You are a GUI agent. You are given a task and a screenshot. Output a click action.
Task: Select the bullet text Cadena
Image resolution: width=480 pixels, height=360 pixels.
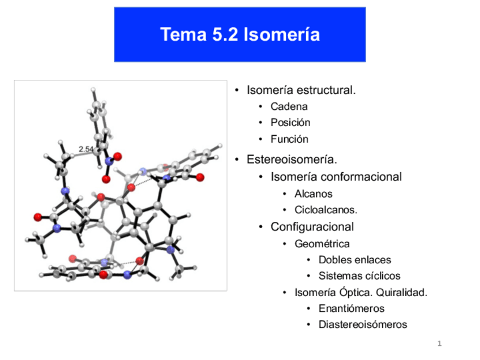tap(289, 106)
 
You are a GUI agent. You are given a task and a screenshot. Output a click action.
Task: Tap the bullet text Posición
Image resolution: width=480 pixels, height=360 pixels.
tap(290, 123)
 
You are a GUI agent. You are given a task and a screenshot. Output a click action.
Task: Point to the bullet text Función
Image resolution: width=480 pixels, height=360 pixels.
tap(289, 139)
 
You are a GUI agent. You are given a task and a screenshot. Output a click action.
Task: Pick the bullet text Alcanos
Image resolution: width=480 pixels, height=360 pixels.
tap(313, 194)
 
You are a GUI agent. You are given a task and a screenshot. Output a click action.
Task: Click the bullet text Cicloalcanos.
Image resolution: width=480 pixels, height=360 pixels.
tap(325, 210)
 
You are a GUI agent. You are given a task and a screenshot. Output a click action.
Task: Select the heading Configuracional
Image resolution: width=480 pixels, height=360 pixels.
tap(312, 227)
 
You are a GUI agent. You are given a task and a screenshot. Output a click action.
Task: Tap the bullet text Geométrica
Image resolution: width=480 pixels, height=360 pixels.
tap(322, 244)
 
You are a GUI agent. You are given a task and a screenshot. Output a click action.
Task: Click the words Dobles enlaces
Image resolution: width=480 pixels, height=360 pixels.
tap(354, 260)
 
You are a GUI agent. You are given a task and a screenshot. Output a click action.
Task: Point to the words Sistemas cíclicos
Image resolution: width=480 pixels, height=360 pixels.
tap(359, 276)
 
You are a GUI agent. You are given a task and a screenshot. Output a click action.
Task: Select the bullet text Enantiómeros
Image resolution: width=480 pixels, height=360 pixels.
tap(351, 309)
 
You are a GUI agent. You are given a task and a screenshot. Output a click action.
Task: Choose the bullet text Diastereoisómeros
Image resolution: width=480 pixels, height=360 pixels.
tap(362, 325)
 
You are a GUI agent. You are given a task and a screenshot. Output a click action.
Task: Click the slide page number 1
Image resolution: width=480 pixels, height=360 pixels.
tap(439, 344)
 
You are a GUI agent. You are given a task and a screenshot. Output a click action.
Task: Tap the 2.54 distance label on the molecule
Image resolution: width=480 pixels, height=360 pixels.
tap(86, 149)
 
